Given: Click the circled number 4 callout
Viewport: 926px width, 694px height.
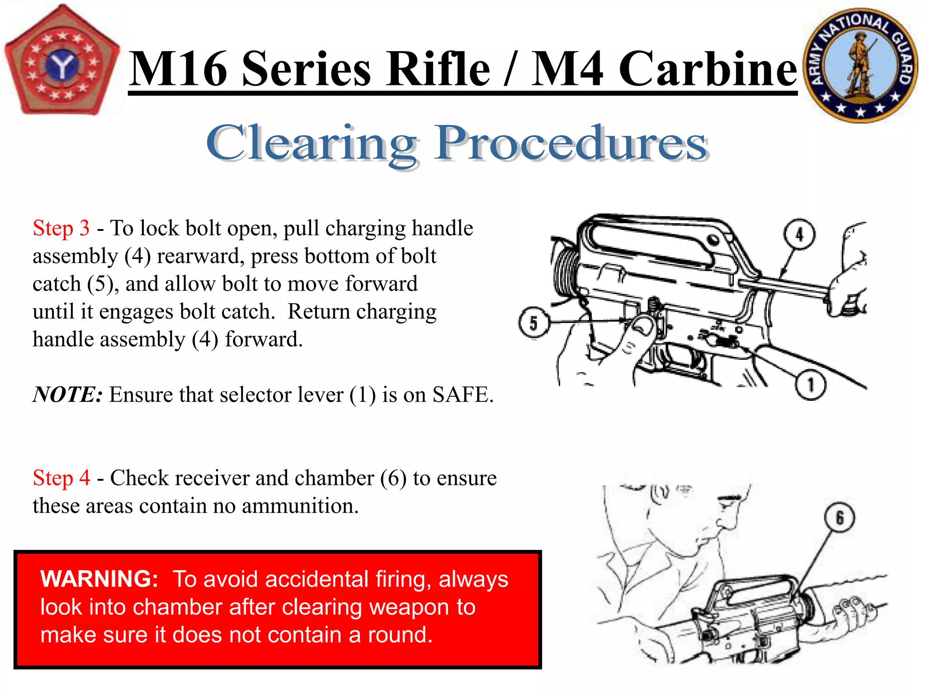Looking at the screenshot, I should pos(799,234).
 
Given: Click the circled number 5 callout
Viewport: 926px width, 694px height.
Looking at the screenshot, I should pos(534,323).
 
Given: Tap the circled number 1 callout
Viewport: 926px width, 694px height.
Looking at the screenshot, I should pos(811,385).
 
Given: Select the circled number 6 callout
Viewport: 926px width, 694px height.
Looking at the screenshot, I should pos(840,518).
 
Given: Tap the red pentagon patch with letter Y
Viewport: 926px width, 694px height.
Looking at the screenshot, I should pos(62,61).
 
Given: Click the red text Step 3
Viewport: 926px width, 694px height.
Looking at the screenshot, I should pos(61,228).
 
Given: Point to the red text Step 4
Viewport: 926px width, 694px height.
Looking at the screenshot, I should pos(61,478).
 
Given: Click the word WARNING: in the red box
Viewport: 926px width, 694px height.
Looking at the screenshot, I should pos(99,579).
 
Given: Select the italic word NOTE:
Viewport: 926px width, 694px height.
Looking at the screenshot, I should pos(68,394).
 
